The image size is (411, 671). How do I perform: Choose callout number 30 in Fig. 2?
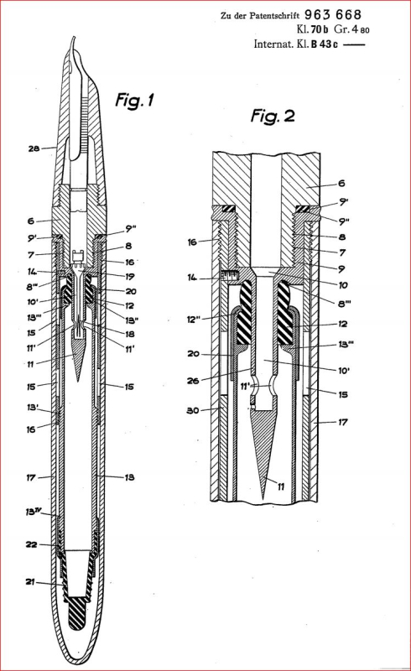click(195, 411)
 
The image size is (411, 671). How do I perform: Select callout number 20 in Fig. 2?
click(195, 352)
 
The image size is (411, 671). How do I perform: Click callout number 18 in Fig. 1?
click(129, 334)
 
